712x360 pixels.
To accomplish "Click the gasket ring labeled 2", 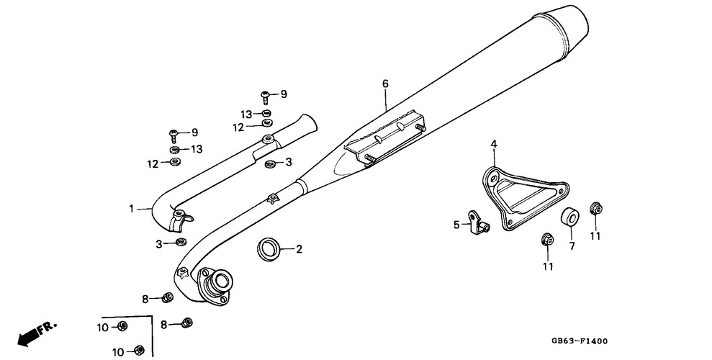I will click(x=269, y=249).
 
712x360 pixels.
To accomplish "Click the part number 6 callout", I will click(x=385, y=84).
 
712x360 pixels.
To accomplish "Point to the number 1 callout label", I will click(x=132, y=209).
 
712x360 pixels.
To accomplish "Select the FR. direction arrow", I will click(x=36, y=332).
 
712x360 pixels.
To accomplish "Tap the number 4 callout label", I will click(x=494, y=145).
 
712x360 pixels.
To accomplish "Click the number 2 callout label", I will click(x=299, y=250).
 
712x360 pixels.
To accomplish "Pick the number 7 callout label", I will click(x=572, y=246).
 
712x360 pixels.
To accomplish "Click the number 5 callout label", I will click(x=456, y=225).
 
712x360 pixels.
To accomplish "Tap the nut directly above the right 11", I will click(x=595, y=209).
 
